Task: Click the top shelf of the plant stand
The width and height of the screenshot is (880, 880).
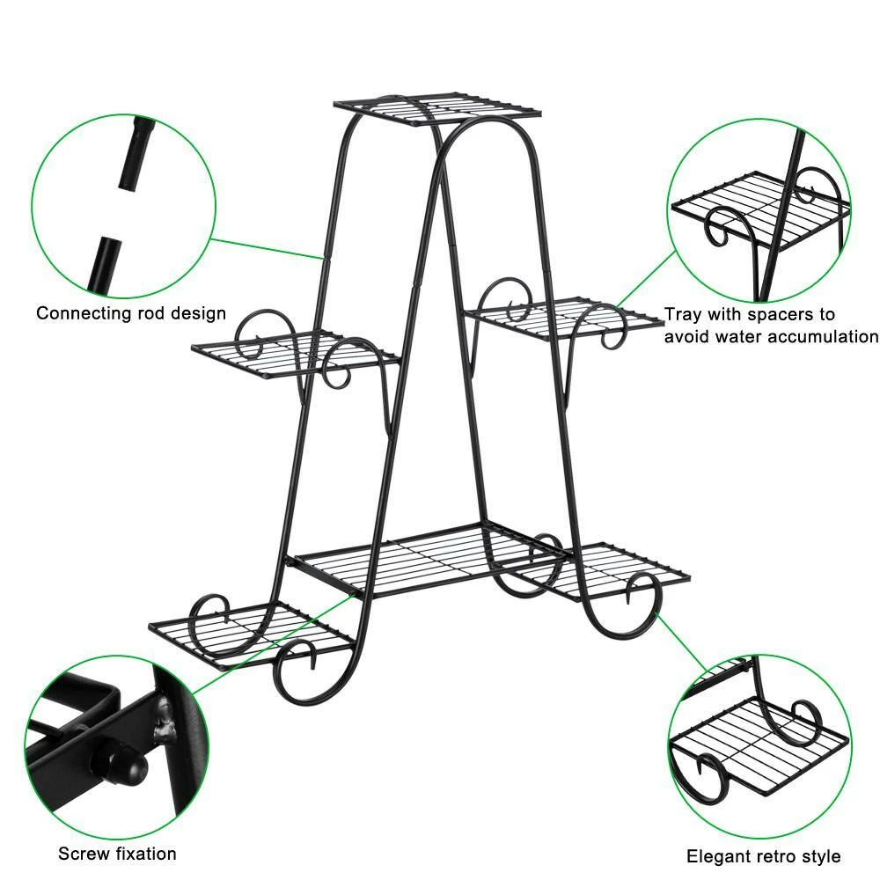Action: coord(437,109)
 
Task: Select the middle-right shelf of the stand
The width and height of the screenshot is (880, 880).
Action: coord(563,317)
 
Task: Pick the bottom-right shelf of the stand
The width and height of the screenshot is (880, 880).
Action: coord(616,568)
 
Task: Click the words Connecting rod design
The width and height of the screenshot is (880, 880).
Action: coord(131,313)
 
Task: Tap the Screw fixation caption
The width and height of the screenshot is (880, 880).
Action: coord(117,854)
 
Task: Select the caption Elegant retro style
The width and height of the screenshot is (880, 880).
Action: coord(763,856)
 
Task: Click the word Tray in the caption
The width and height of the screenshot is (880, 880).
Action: coord(683,314)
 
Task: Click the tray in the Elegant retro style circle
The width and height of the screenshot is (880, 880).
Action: coord(748,739)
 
